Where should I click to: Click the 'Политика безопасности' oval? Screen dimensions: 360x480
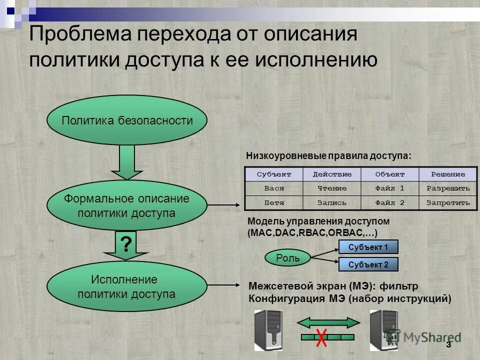(x=126, y=120)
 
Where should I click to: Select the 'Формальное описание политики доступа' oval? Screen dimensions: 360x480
(x=126, y=205)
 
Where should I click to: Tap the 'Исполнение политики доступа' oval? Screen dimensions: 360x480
(x=126, y=286)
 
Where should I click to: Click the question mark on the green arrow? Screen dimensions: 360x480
(x=126, y=244)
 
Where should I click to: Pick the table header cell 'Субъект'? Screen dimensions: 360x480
(x=273, y=174)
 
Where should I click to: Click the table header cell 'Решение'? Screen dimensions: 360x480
(x=448, y=174)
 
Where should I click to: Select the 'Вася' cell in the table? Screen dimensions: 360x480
(x=273, y=188)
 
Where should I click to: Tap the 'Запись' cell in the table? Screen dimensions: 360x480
(x=331, y=203)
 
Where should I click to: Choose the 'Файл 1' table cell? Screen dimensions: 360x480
(x=389, y=188)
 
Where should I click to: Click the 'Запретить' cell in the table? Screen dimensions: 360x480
(x=448, y=203)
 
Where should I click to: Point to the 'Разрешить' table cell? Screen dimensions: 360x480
(x=448, y=188)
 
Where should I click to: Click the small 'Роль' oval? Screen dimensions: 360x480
(x=288, y=257)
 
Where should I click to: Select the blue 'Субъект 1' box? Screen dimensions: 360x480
(x=368, y=247)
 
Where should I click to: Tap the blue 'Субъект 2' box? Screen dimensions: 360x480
(x=368, y=264)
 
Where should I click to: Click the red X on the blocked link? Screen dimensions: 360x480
(x=321, y=337)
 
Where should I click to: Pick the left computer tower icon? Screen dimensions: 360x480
(x=268, y=330)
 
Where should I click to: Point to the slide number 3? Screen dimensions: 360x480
(x=448, y=345)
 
